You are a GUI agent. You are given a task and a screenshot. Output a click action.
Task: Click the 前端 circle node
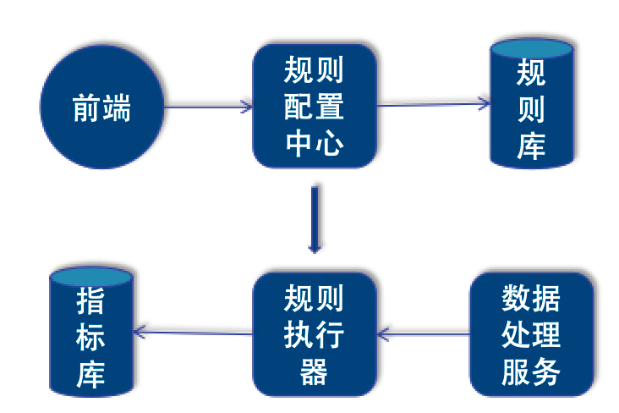102,108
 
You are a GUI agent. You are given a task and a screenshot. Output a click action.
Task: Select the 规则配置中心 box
314,107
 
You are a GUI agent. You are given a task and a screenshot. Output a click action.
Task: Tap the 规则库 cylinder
531,106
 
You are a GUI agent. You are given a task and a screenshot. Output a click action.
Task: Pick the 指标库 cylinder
91,336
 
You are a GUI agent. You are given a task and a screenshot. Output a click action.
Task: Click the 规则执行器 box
314,334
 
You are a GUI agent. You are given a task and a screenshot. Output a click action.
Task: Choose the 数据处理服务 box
531,334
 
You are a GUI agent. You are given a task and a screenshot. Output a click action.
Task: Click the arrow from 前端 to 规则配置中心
207,107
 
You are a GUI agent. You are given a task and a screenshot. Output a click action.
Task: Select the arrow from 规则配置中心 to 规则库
433,105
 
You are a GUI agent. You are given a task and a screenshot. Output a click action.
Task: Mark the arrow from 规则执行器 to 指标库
194,333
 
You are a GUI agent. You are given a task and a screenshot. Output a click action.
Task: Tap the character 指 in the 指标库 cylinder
91,301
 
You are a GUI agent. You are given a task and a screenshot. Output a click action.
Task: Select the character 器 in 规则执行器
314,372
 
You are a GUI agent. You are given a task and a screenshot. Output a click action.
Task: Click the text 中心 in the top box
314,144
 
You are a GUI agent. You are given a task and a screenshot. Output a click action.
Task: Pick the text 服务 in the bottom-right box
531,372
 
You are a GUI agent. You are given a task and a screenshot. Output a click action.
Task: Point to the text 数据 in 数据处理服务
531,298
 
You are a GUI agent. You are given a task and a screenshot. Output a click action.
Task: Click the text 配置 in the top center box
314,107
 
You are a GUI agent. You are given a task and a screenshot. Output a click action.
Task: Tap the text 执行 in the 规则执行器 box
314,335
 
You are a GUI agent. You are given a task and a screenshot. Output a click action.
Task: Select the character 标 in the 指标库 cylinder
91,337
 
